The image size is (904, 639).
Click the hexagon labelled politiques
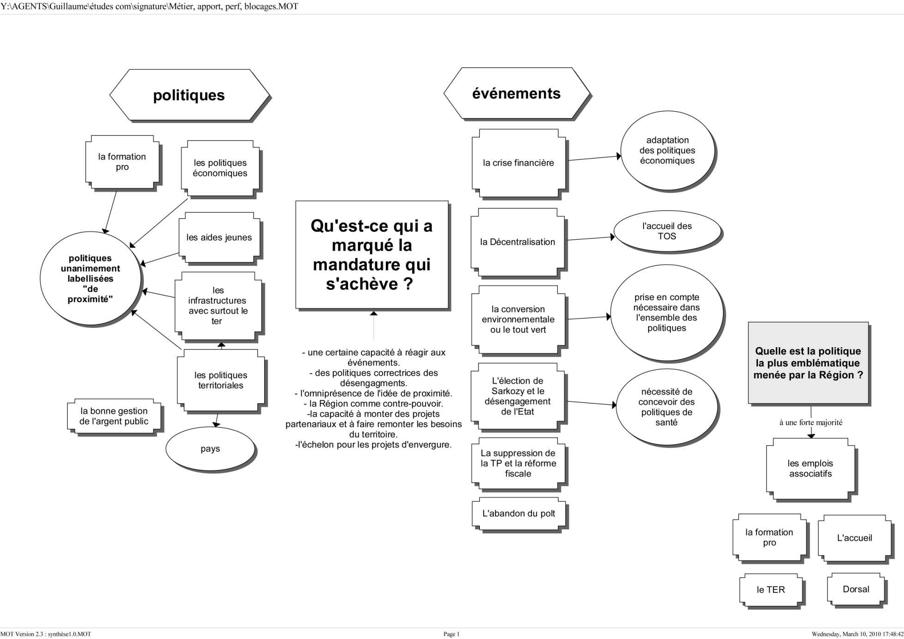point(189,95)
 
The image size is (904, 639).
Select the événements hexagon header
point(516,94)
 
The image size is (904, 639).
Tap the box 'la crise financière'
point(518,163)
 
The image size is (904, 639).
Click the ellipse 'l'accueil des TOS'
point(667,231)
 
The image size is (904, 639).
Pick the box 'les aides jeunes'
point(219,237)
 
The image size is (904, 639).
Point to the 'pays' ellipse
point(210,449)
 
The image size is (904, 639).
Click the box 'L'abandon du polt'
point(518,514)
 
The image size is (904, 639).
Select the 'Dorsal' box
point(856,589)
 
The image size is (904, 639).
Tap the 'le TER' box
point(770,590)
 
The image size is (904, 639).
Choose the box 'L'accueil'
point(854,538)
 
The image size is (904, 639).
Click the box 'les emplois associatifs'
point(810,468)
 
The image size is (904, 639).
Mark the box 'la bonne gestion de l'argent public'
point(114,416)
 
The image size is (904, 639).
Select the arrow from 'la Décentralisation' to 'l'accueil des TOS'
point(590,238)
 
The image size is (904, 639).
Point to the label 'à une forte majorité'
point(810,422)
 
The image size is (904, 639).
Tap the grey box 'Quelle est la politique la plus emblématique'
point(808,363)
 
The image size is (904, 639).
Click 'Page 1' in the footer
point(451,634)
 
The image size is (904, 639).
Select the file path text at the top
point(149,6)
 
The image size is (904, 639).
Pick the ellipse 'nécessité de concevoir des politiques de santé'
point(667,407)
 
